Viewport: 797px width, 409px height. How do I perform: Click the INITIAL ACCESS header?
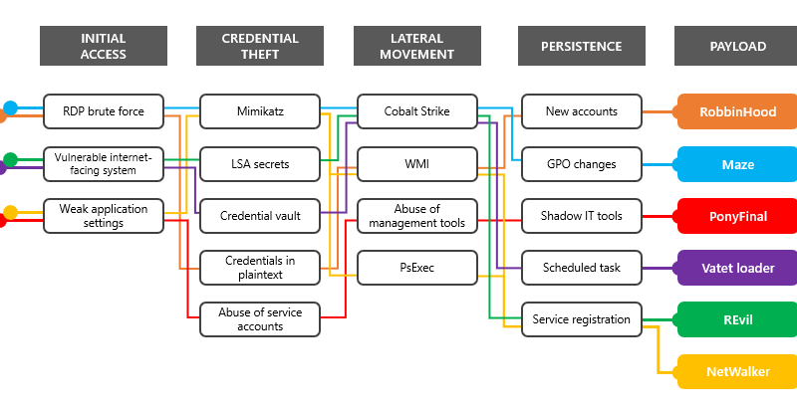(104, 46)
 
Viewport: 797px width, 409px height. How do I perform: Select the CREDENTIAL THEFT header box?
(260, 46)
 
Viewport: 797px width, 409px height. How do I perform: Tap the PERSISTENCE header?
(582, 46)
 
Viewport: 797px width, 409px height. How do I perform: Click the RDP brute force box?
(104, 111)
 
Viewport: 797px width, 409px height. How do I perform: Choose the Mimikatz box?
(260, 111)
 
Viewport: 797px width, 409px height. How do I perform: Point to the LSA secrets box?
(260, 164)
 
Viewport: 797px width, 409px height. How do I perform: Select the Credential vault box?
(260, 216)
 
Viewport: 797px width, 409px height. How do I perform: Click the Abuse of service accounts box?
(260, 319)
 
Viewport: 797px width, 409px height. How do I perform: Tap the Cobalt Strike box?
(417, 111)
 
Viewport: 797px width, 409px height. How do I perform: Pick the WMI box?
(417, 164)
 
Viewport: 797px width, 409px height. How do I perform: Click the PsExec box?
(417, 268)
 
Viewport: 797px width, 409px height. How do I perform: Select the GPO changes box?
(582, 164)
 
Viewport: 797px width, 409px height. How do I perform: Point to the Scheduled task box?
(582, 268)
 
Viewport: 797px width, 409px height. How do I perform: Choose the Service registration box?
(582, 319)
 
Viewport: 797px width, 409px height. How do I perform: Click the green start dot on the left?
(10, 160)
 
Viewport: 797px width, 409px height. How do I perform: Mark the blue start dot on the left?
(10, 107)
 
